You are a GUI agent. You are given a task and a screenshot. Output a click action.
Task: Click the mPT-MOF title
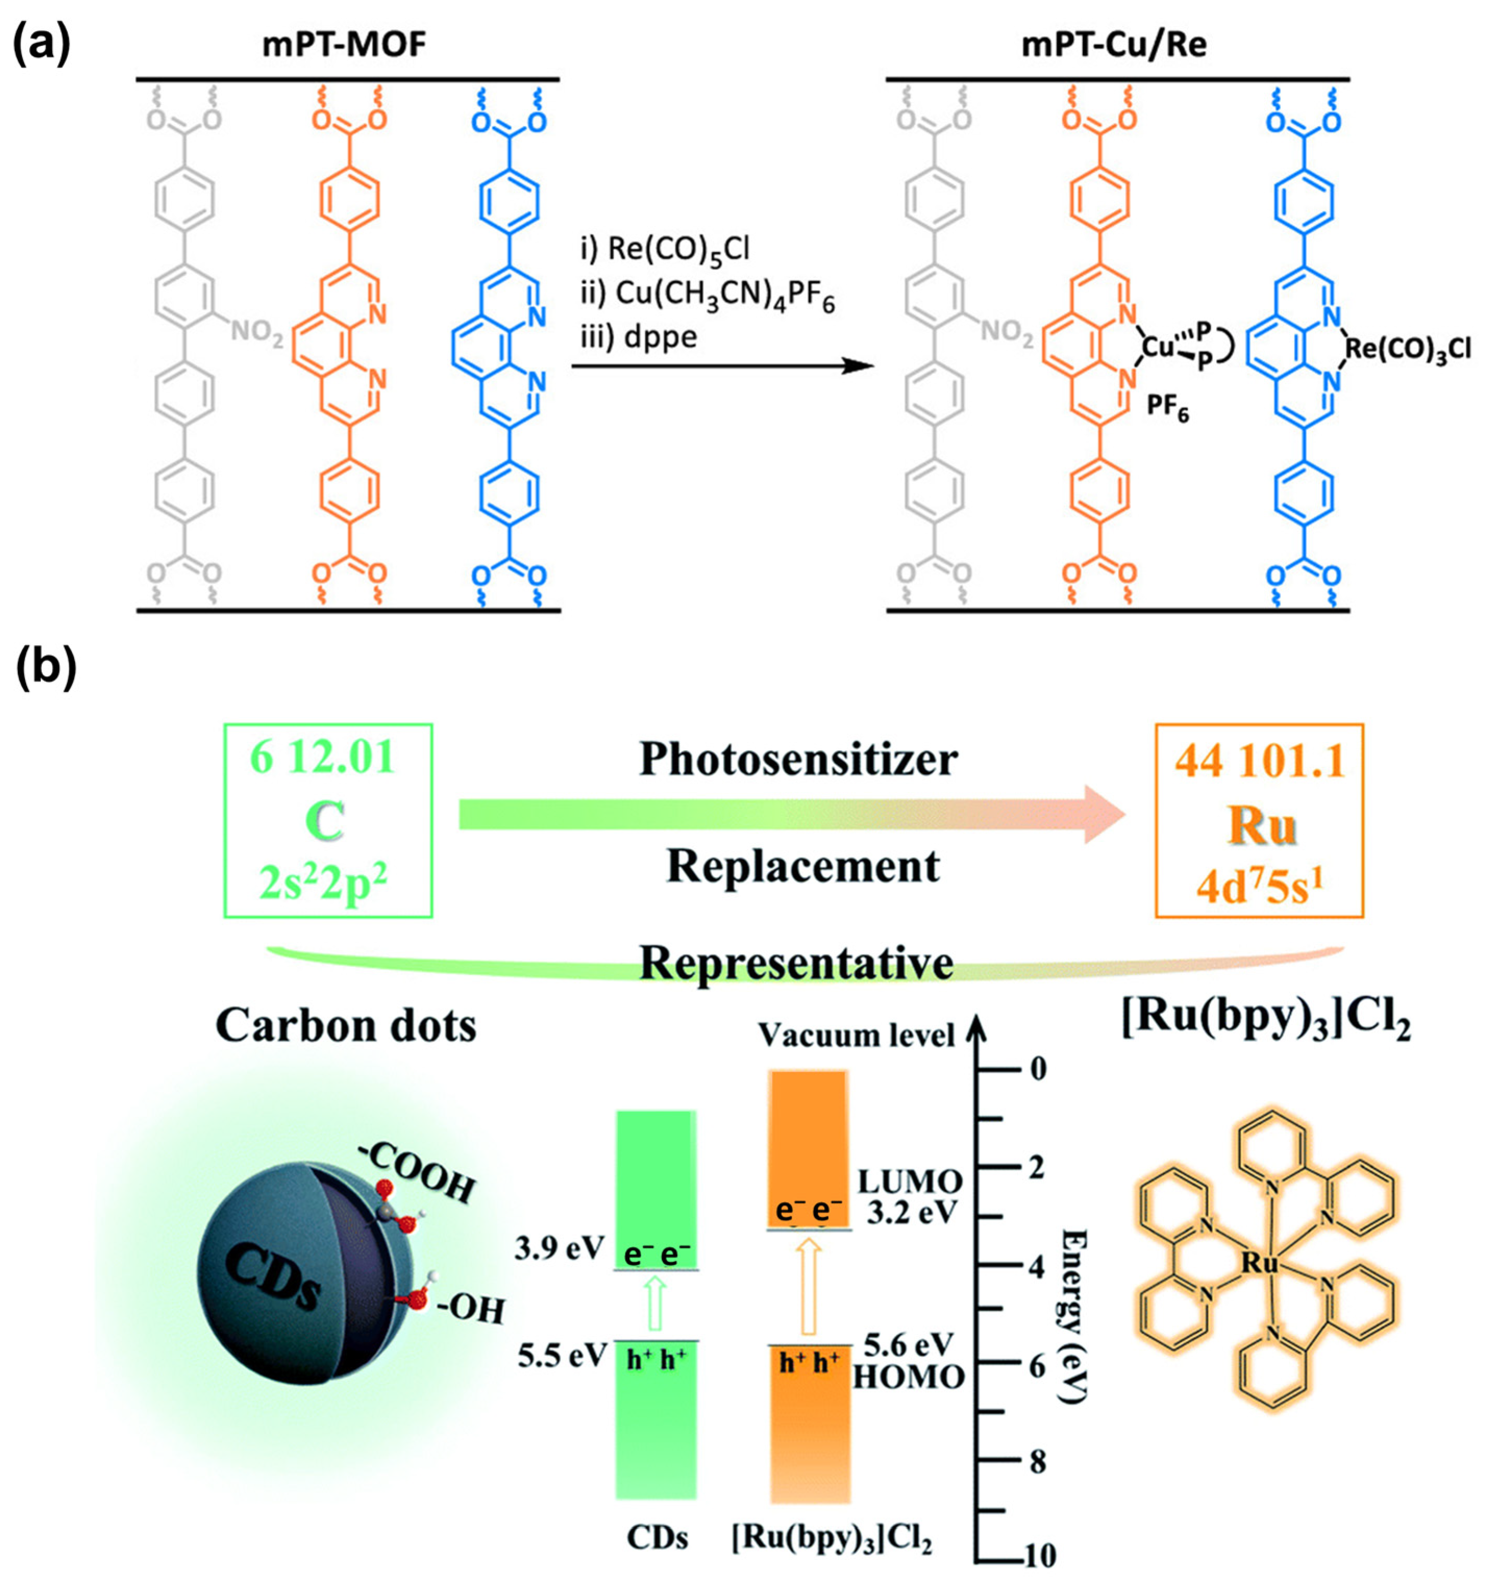[x=344, y=45]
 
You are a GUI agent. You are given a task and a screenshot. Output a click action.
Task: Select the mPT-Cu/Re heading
[x=1115, y=45]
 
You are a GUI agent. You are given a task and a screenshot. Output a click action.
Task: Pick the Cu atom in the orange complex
[x=1158, y=347]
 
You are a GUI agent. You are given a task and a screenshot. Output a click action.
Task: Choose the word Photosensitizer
[x=798, y=760]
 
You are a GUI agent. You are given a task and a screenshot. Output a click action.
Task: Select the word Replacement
[x=803, y=866]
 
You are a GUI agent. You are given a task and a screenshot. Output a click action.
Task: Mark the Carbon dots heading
[x=346, y=1025]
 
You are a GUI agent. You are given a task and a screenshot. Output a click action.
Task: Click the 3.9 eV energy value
[x=559, y=1248]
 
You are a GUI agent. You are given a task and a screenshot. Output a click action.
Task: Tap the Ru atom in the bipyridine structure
[x=1261, y=1263]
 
